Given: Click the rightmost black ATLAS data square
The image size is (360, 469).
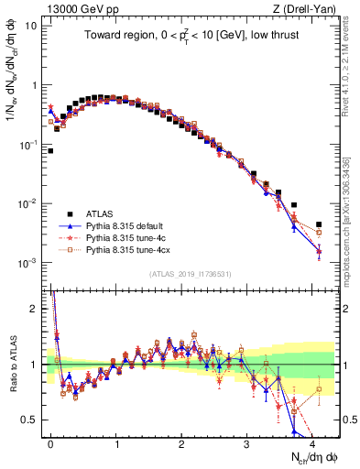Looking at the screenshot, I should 319,224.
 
